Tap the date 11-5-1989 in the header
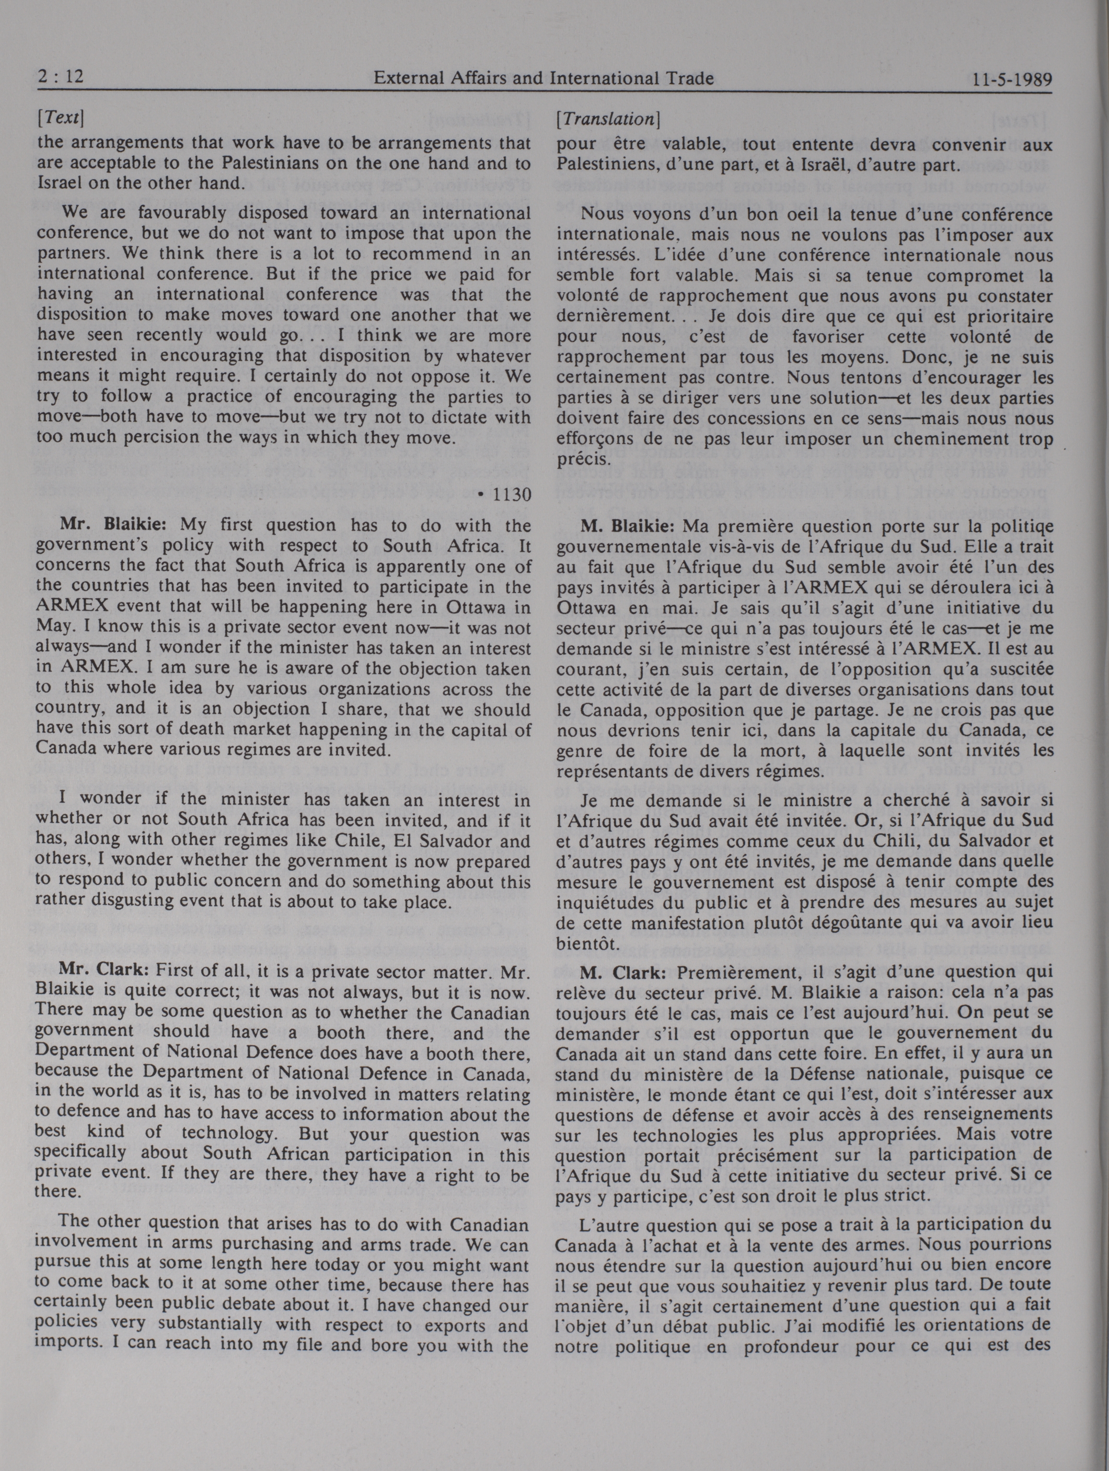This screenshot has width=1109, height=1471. tap(1011, 80)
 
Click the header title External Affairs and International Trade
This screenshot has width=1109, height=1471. tap(543, 79)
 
